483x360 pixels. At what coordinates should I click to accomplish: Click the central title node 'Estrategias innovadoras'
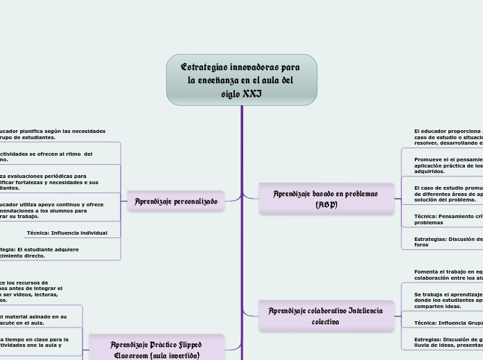pyautogui.click(x=241, y=79)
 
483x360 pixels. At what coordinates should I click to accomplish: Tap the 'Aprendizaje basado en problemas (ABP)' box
pyautogui.click(x=326, y=199)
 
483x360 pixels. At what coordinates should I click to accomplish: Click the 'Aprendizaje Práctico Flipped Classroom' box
pyautogui.click(x=157, y=349)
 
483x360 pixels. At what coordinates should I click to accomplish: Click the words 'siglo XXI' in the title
pyautogui.click(x=241, y=93)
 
